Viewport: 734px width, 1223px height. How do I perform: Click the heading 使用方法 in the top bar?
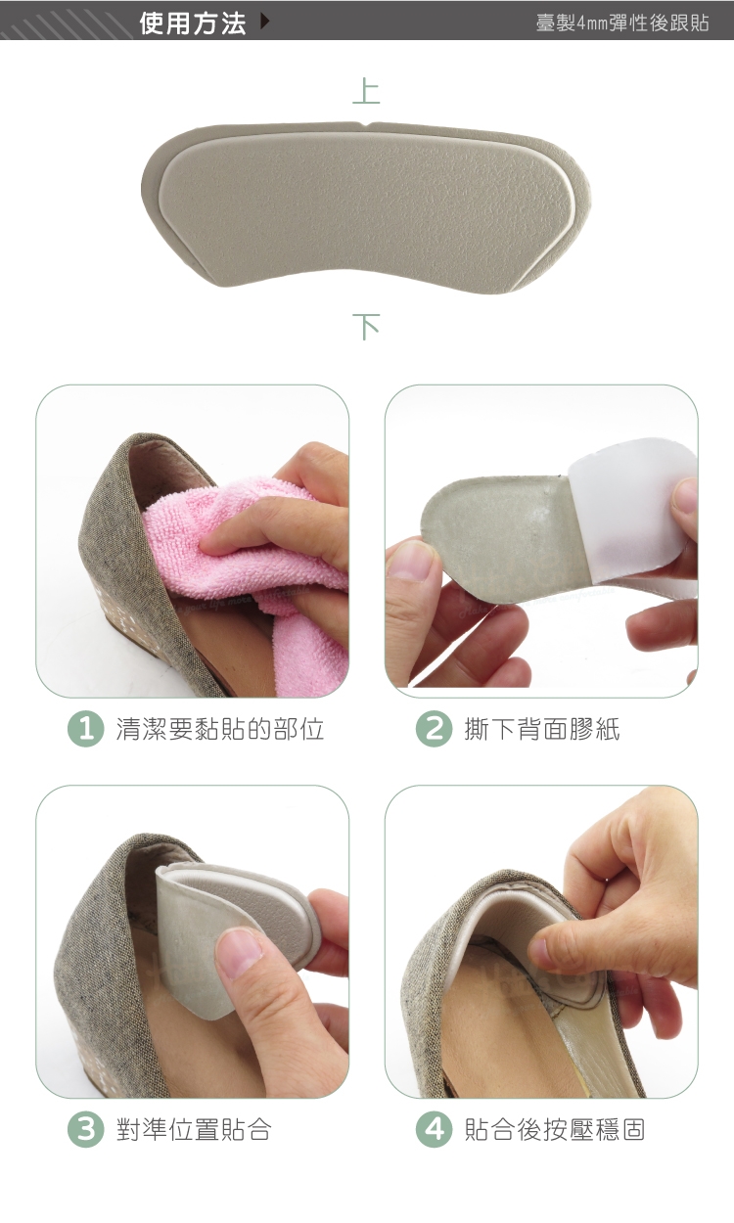tap(192, 23)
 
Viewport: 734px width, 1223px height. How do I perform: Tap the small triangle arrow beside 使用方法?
tap(265, 22)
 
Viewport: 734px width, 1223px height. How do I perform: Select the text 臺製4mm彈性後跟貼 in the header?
tap(622, 23)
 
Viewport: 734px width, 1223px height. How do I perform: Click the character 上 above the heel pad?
tap(366, 91)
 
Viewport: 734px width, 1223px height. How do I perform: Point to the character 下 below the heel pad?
tap(366, 327)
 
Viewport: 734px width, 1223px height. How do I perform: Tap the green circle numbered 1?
tap(86, 730)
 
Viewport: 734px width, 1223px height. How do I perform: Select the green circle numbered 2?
tap(435, 730)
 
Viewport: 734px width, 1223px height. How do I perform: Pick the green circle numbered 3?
tap(86, 1130)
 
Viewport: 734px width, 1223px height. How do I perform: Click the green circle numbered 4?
tap(435, 1130)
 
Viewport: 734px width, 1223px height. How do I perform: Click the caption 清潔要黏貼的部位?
tap(220, 730)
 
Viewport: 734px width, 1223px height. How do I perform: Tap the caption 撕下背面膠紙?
tap(542, 730)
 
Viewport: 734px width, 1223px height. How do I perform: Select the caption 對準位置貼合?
tap(194, 1130)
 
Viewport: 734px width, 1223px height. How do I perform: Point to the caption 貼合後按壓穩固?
tap(555, 1130)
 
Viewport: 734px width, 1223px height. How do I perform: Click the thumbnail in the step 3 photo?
tap(242, 953)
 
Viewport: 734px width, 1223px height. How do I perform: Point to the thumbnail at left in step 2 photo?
tap(411, 558)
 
